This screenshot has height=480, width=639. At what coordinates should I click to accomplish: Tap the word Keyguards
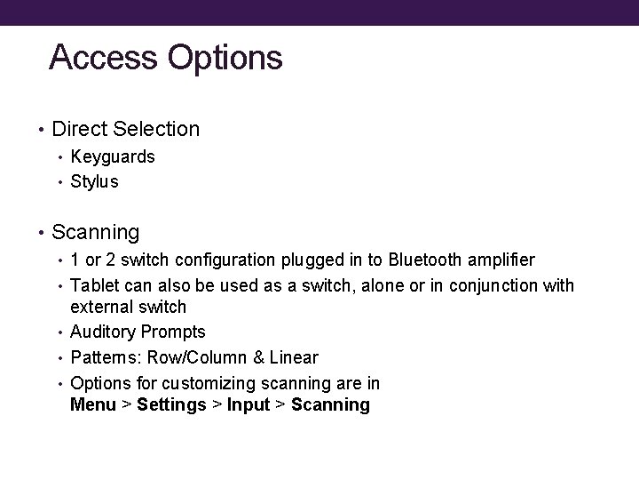point(113,157)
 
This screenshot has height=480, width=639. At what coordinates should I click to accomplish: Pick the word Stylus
point(94,182)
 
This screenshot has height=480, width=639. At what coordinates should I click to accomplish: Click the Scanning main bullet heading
point(96,233)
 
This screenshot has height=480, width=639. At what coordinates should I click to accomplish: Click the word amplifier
point(502,260)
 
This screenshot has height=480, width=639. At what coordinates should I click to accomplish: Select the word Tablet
point(92,285)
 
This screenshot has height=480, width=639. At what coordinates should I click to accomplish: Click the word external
point(99,308)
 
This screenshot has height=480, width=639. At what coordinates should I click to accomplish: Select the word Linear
point(294,357)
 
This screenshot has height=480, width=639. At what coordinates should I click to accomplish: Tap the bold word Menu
point(92,405)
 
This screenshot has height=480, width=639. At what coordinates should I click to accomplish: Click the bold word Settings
point(171,406)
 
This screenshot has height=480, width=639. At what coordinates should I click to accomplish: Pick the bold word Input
point(248,406)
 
